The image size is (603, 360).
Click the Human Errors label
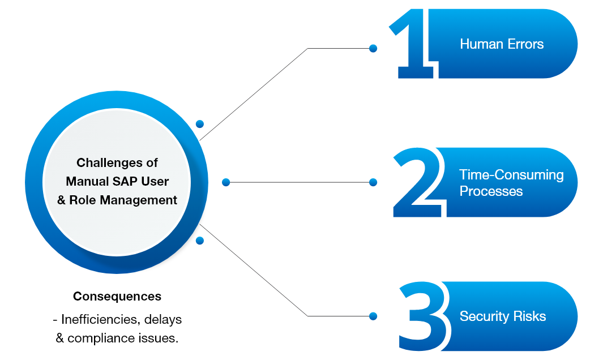pyautogui.click(x=501, y=44)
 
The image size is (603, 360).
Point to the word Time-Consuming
pyautogui.click(x=511, y=174)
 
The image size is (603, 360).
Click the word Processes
pyautogui.click(x=490, y=191)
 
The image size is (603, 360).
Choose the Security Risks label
pyautogui.click(x=502, y=316)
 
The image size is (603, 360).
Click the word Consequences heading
pyautogui.click(x=117, y=297)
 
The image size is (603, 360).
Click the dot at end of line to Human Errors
pyautogui.click(x=373, y=49)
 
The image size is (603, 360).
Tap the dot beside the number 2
pyautogui.click(x=373, y=182)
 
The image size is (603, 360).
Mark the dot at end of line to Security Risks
pyautogui.click(x=373, y=316)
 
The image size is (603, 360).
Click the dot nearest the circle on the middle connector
pyautogui.click(x=226, y=182)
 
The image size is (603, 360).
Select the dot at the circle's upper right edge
pyautogui.click(x=199, y=124)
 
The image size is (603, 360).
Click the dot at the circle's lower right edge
pyautogui.click(x=199, y=241)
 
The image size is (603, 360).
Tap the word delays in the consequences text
pyautogui.click(x=163, y=319)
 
